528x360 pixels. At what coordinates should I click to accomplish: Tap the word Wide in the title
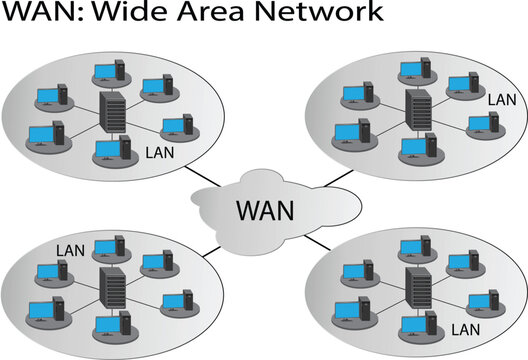(134, 14)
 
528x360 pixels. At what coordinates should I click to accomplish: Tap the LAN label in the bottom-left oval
(70, 249)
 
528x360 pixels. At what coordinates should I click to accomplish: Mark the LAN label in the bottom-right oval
(467, 327)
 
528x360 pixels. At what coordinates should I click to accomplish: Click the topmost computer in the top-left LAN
(107, 73)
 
